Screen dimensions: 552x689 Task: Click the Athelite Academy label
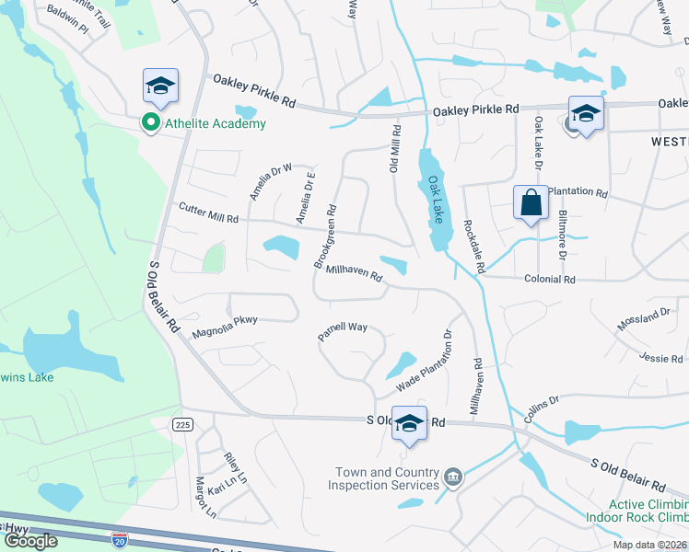pos(215,123)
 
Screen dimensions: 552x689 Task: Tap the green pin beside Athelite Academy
pos(147,122)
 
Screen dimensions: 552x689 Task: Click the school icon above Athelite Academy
pos(161,86)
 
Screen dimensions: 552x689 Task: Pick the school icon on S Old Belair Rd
pos(410,423)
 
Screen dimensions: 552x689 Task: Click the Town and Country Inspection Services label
pos(386,479)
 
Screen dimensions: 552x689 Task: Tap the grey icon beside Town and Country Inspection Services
pos(453,477)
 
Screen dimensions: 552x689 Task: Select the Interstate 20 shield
pos(119,538)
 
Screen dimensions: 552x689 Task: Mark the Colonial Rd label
pos(549,279)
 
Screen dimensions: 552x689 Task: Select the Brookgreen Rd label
pos(325,236)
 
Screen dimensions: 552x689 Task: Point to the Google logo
pos(30,541)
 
